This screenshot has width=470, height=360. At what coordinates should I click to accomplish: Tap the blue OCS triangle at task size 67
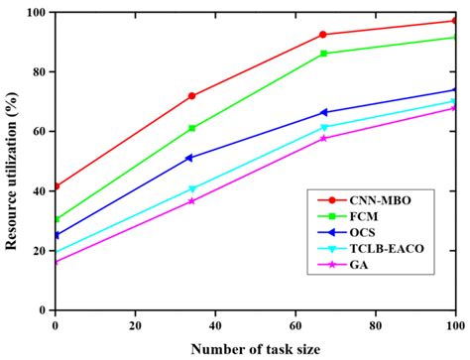click(x=323, y=112)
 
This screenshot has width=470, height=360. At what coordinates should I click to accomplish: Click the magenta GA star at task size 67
click(x=323, y=138)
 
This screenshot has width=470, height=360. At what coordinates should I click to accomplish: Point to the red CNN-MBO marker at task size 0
click(x=56, y=186)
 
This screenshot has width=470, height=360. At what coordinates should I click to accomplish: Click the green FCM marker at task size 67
click(x=323, y=54)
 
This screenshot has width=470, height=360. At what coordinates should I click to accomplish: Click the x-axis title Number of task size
click(x=255, y=347)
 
